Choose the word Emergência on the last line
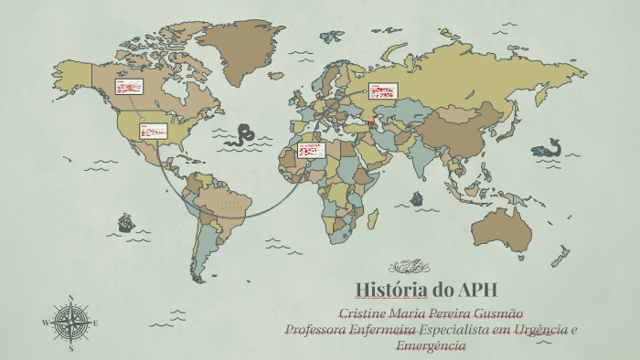[x=431, y=345]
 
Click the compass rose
[x=70, y=323]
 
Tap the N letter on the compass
[x=70, y=298]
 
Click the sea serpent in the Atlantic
[x=243, y=135]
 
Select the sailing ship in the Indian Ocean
[x=417, y=197]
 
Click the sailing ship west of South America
[x=125, y=221]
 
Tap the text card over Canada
[x=129, y=88]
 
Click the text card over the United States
[x=153, y=131]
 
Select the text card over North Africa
[x=312, y=150]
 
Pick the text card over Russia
[x=381, y=91]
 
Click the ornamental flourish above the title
[x=409, y=267]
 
